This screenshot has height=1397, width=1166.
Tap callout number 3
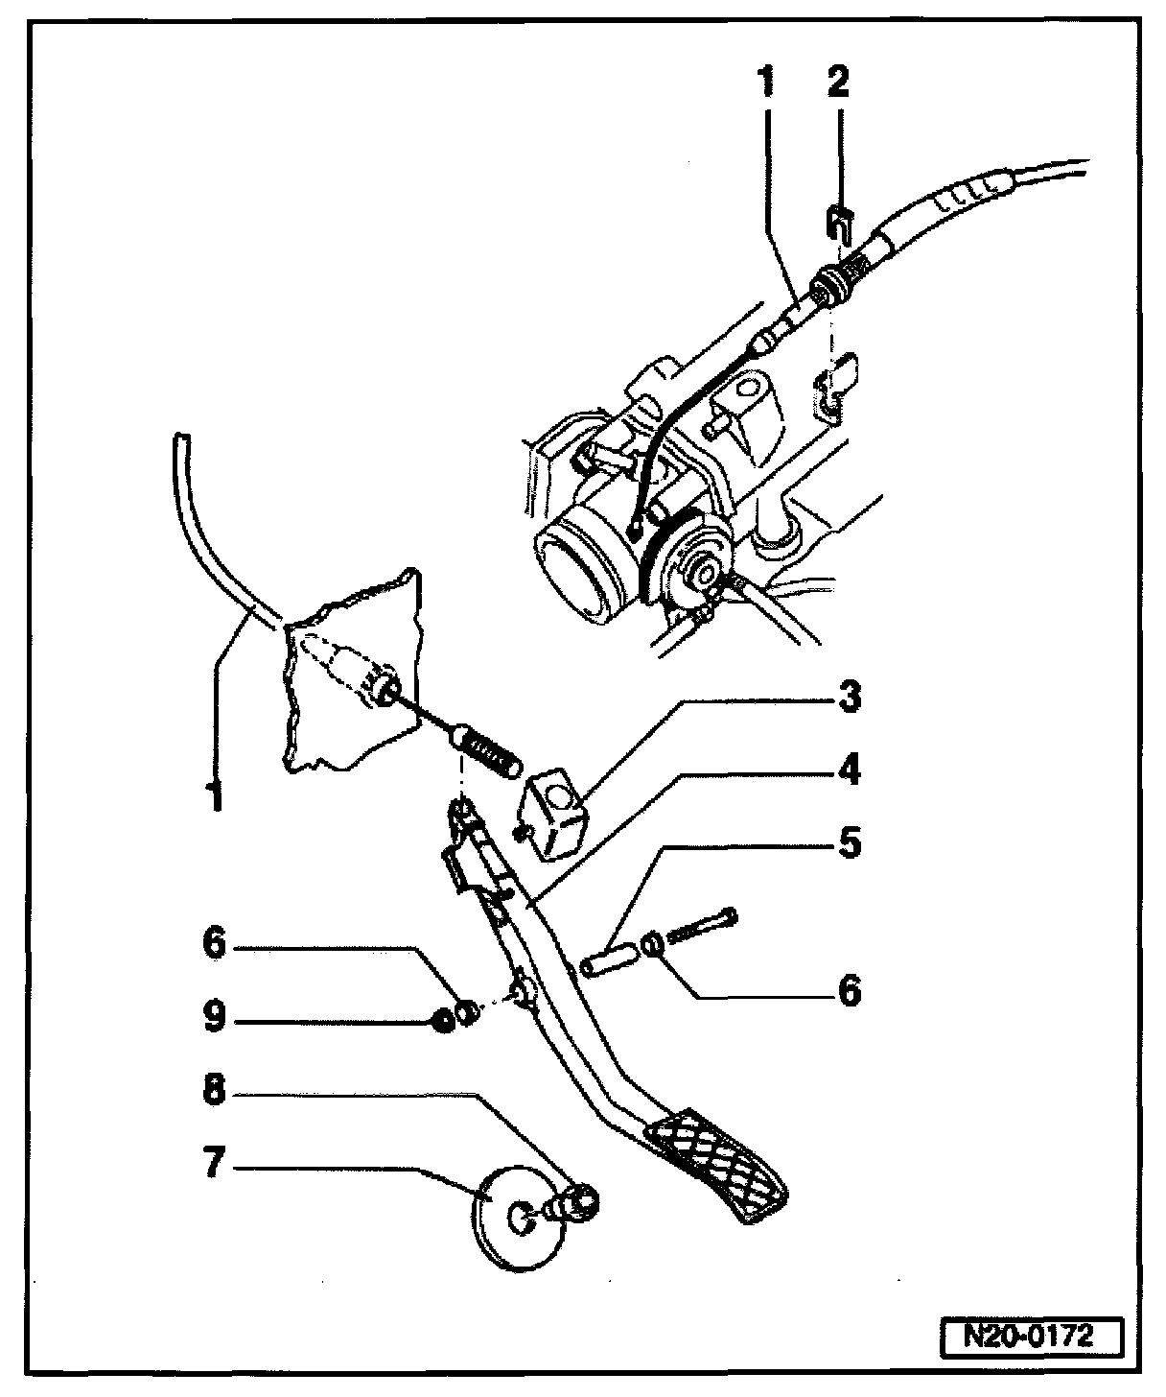pyautogui.click(x=848, y=698)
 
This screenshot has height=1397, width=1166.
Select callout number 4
pyautogui.click(x=848, y=770)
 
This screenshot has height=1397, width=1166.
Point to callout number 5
pyautogui.click(x=848, y=844)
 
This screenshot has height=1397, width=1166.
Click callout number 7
pyautogui.click(x=213, y=1166)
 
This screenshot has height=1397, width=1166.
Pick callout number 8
pyautogui.click(x=213, y=1092)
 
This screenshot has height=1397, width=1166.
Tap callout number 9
pyautogui.click(x=213, y=1018)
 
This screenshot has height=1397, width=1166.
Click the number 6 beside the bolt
pyautogui.click(x=848, y=990)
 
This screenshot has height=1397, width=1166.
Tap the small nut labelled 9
pyautogui.click(x=442, y=1020)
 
